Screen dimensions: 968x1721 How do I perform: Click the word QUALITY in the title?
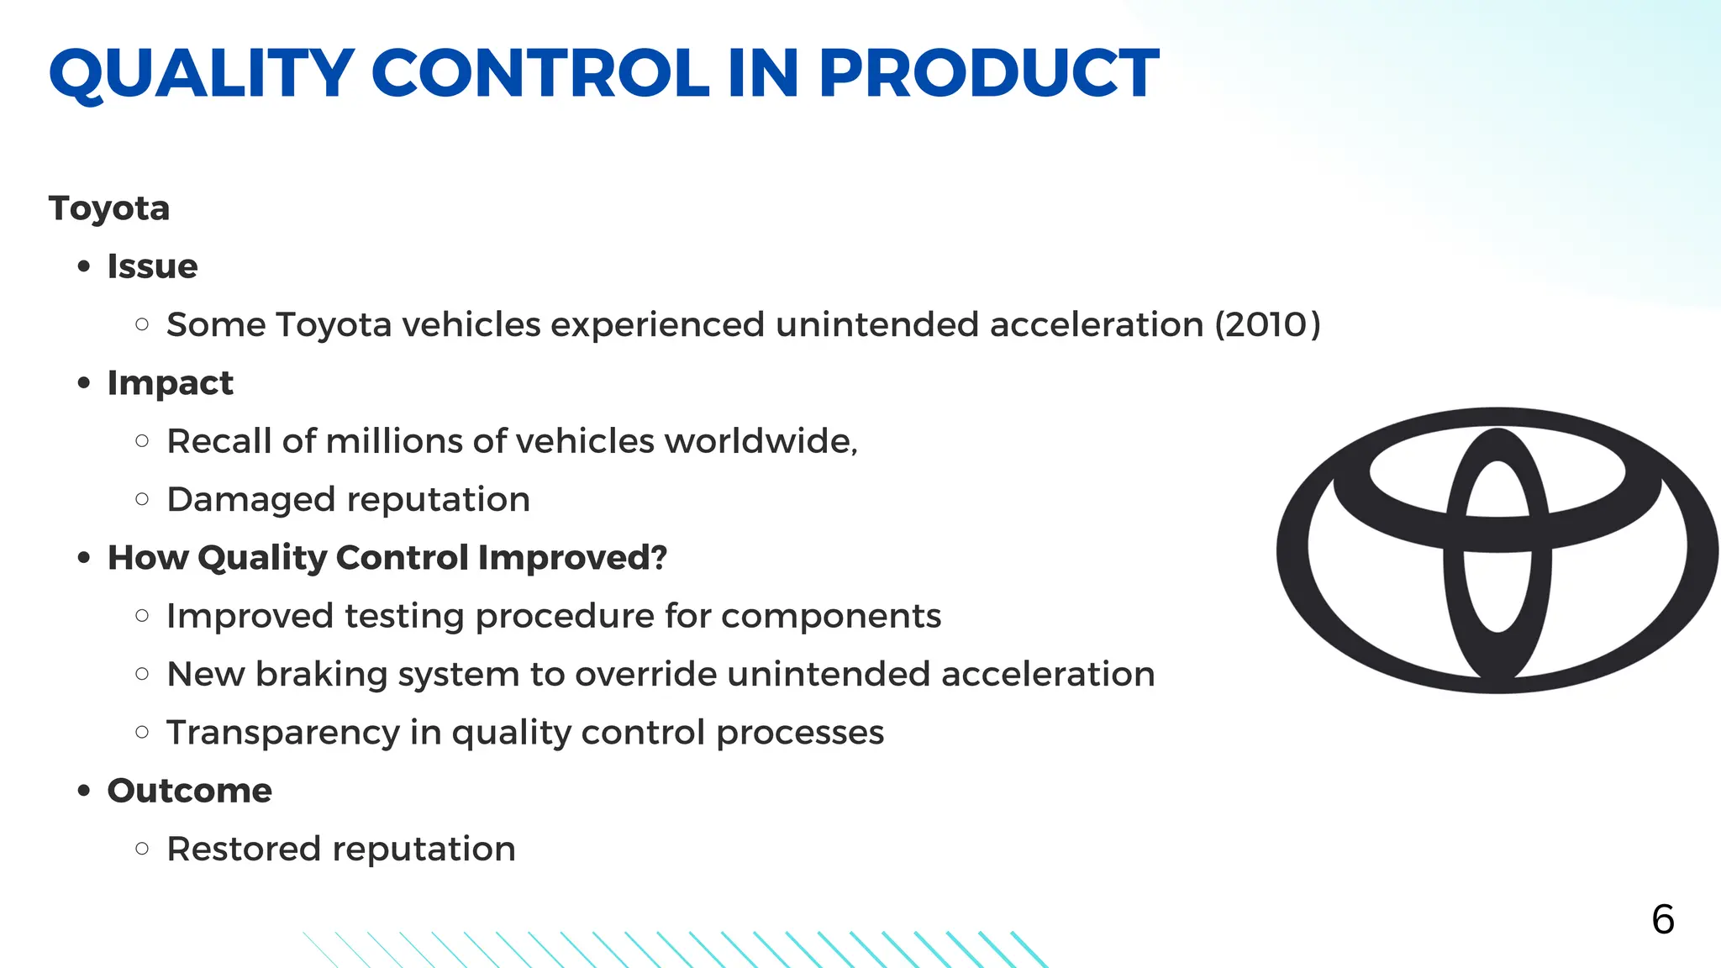coord(202,74)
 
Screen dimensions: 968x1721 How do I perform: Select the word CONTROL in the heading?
coord(540,74)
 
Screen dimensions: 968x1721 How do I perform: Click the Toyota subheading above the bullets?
coord(109,208)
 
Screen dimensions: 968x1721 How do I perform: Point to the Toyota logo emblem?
coord(1497,550)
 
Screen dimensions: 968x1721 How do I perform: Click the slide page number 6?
coord(1662,919)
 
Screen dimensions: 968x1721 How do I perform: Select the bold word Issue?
coord(152,266)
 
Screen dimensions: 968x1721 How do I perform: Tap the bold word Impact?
coord(170,383)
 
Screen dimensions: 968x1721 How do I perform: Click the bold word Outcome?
coord(189,791)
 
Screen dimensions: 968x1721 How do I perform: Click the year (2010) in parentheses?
coord(1268,324)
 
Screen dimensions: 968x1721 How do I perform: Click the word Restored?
coord(244,849)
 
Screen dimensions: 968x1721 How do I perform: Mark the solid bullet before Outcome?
coord(83,791)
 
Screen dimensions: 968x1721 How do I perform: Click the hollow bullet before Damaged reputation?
coord(142,499)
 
